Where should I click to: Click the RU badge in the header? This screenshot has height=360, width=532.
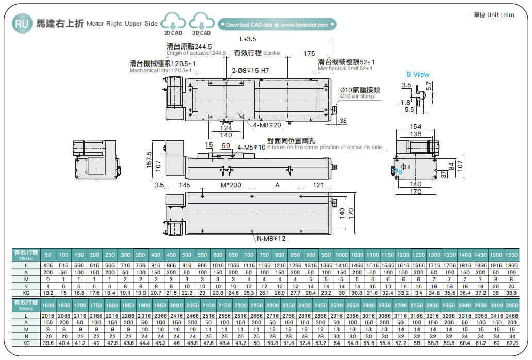point(21,24)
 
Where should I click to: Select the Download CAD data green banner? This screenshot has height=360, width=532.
point(277,24)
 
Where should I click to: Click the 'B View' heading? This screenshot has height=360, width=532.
point(418,74)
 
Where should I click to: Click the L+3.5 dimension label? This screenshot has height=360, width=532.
point(248,39)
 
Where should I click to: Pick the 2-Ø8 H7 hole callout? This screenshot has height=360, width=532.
point(250,71)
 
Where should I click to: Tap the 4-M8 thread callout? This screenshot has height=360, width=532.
point(267,125)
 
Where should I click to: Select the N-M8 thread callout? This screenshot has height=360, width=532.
point(271,238)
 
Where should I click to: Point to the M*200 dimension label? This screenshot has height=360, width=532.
point(230,185)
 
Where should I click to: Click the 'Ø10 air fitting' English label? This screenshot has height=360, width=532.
point(357,96)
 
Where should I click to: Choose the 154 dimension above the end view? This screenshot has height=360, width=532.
point(415,126)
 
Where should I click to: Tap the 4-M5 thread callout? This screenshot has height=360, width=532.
point(251,148)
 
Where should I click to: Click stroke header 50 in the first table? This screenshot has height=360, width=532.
point(48,255)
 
